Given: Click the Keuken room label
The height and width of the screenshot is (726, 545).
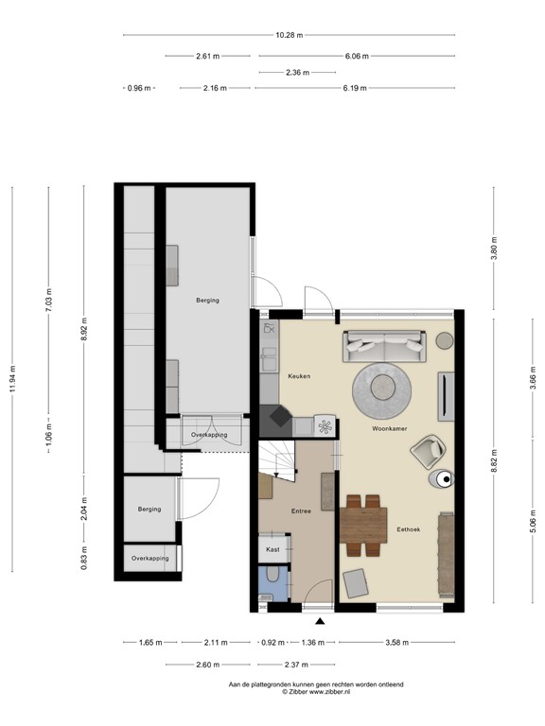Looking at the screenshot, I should point(299,376).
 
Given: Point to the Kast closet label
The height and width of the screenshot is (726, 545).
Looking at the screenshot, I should point(272,549).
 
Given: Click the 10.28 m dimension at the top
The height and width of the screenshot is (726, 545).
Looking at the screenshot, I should point(289,35).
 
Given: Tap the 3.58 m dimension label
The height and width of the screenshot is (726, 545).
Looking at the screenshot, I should point(396,643).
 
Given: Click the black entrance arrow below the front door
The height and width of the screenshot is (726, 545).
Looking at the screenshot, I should point(320,621).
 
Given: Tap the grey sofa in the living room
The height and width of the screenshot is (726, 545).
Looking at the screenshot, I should point(384,346).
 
